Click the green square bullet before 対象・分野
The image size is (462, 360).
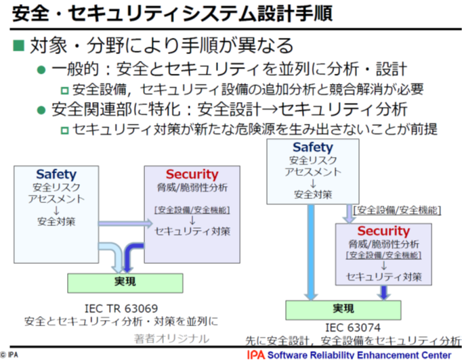[x=19, y=46]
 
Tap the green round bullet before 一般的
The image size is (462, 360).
[x=41, y=70]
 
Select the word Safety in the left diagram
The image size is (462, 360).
[x=56, y=175]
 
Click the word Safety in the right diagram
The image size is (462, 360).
[x=312, y=147]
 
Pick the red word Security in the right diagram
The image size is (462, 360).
[x=383, y=231]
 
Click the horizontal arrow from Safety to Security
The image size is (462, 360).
[x=122, y=222]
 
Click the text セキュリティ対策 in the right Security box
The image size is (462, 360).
[x=383, y=277]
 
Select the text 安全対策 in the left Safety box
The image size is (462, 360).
[x=56, y=221]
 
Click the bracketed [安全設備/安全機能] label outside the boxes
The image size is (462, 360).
[x=396, y=210]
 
